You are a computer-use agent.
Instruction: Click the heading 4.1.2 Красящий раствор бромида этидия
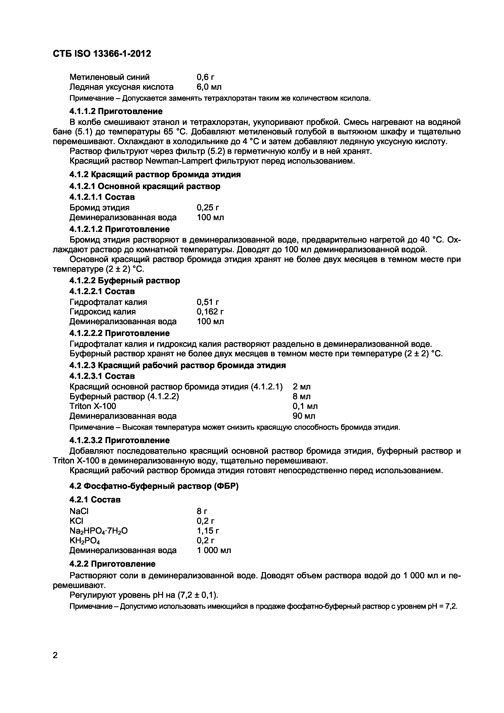click(x=155, y=175)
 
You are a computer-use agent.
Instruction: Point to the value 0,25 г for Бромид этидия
click(x=208, y=208)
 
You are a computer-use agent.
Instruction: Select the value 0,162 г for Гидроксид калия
click(x=210, y=311)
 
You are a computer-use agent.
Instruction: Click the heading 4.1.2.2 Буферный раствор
click(x=124, y=281)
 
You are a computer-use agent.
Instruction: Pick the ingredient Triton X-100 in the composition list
click(x=93, y=406)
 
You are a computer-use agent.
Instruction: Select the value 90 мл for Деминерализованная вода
click(x=304, y=416)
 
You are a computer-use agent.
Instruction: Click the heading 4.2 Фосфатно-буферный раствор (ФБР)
click(x=154, y=486)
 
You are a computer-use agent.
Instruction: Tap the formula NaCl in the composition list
click(x=79, y=511)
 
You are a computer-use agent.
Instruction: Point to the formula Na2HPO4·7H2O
click(x=98, y=531)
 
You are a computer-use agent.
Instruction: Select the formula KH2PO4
click(x=85, y=541)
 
